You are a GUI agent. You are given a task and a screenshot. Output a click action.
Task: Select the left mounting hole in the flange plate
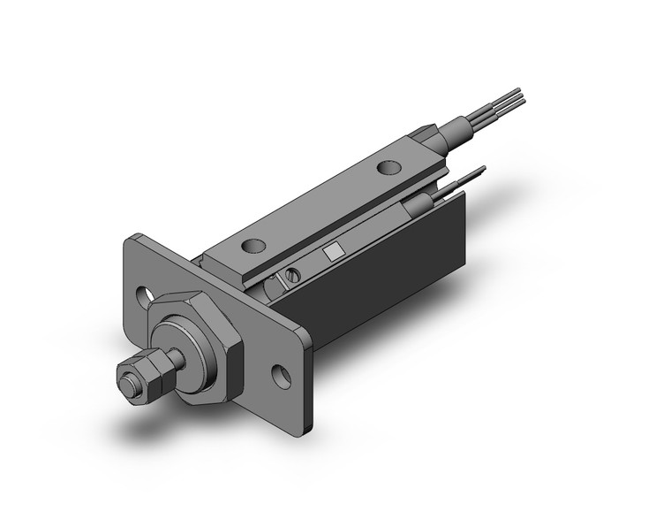143,292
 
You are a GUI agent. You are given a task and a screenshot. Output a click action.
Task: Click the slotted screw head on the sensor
289,279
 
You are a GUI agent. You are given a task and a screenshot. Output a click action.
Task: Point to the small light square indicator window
331,251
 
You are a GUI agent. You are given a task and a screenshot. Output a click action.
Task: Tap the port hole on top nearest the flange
256,247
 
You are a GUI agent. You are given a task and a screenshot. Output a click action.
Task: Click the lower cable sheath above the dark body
425,205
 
